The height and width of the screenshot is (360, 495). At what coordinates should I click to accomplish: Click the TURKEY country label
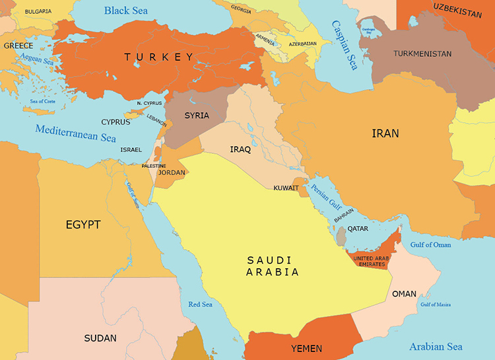click(x=159, y=57)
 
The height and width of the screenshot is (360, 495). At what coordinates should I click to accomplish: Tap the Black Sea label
click(x=126, y=11)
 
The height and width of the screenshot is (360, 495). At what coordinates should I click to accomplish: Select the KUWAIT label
click(x=286, y=188)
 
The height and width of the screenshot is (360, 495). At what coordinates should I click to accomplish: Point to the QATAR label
click(x=358, y=229)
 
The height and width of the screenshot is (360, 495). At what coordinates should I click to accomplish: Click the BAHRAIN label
click(x=344, y=217)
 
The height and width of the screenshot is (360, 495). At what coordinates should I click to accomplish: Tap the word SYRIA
click(x=197, y=116)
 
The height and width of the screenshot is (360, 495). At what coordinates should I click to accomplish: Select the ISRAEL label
click(x=131, y=150)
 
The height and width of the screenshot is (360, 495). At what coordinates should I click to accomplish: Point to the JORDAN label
click(x=172, y=172)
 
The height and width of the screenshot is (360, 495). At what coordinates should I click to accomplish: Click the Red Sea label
click(x=201, y=305)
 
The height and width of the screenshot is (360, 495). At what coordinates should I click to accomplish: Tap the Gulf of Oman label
click(x=430, y=244)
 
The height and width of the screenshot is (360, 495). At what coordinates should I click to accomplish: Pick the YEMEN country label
click(x=306, y=348)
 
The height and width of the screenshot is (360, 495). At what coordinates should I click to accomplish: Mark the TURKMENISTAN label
click(x=422, y=54)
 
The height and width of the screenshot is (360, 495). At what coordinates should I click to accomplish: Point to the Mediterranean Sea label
click(x=75, y=133)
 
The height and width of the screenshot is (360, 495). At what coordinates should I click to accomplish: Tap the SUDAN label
click(x=100, y=338)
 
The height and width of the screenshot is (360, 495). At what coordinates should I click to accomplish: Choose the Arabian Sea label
click(x=436, y=346)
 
